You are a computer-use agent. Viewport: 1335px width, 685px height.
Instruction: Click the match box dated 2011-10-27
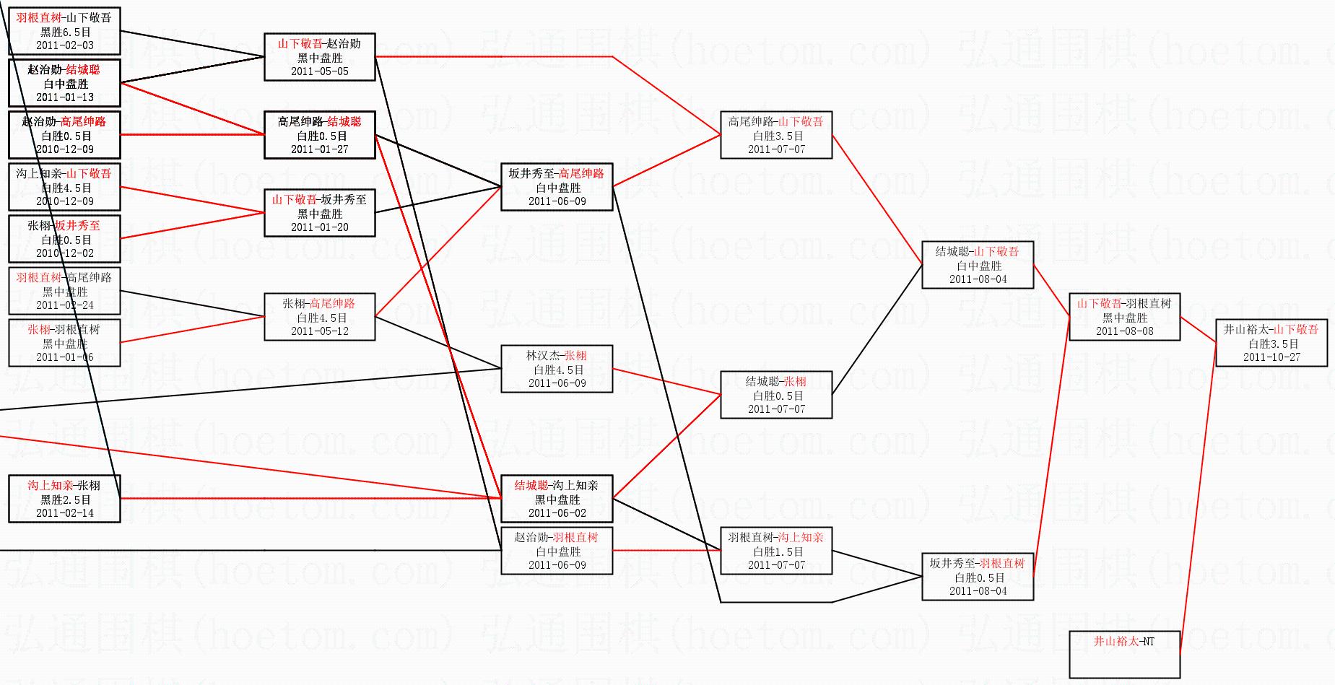tap(1271, 343)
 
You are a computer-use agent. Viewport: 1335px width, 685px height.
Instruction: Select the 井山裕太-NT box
tap(1124, 654)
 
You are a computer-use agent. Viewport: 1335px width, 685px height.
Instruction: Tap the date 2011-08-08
tap(1124, 331)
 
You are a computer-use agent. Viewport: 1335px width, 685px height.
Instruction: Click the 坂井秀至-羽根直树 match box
tap(978, 577)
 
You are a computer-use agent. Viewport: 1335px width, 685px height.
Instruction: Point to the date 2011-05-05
tap(320, 71)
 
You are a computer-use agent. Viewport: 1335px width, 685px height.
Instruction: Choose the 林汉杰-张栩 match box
tap(557, 369)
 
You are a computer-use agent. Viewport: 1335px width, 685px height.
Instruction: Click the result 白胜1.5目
tap(777, 551)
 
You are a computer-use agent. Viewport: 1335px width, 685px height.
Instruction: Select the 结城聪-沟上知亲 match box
tap(557, 499)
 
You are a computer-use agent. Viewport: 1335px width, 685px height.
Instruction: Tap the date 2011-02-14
tap(65, 513)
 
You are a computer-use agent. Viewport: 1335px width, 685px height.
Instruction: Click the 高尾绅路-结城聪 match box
tap(320, 135)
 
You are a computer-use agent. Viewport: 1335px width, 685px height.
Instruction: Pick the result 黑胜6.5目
tap(65, 32)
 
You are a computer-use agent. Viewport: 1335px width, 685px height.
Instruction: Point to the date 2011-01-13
tap(65, 97)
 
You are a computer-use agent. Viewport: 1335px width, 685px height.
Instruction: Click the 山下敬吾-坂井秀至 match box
tap(320, 213)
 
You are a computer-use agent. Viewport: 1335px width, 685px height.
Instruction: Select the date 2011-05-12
tap(320, 331)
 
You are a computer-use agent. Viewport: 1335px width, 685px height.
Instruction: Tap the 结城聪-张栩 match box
tap(777, 395)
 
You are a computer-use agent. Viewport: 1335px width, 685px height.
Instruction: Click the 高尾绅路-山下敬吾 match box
tap(777, 135)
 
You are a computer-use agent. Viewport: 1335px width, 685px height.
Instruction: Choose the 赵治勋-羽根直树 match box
tap(557, 551)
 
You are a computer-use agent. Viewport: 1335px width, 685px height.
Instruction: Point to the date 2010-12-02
tap(65, 253)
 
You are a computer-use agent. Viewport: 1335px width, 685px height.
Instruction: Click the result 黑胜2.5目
tap(65, 499)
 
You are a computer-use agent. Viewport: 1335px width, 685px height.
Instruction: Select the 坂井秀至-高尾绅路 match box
tap(557, 187)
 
